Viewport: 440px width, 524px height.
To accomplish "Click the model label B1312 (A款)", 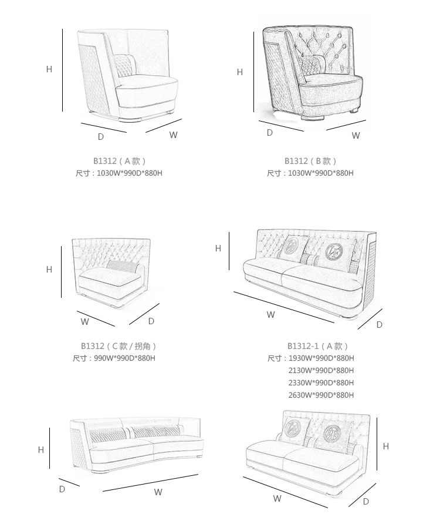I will [119, 160].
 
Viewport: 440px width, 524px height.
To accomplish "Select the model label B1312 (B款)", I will [310, 161].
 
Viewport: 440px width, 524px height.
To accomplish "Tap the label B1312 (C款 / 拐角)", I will [119, 346].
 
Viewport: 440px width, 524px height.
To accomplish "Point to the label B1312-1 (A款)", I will [318, 346].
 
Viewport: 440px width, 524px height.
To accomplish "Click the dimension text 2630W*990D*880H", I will [321, 395].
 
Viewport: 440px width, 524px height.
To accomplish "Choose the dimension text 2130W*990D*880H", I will [321, 371].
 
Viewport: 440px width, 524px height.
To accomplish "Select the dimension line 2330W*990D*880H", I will [321, 383].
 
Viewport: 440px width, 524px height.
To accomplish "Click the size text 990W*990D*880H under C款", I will [124, 358].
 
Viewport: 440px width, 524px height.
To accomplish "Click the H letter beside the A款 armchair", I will [49, 69].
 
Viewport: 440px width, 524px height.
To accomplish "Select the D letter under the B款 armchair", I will [270, 133].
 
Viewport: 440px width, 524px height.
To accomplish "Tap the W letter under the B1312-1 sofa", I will [270, 315].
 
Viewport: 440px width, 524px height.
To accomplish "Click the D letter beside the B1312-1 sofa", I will [380, 325].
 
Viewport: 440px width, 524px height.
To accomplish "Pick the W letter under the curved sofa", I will [158, 492].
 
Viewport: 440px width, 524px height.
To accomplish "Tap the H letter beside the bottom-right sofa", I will [386, 446].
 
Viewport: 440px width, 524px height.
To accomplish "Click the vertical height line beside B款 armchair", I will [253, 71].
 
